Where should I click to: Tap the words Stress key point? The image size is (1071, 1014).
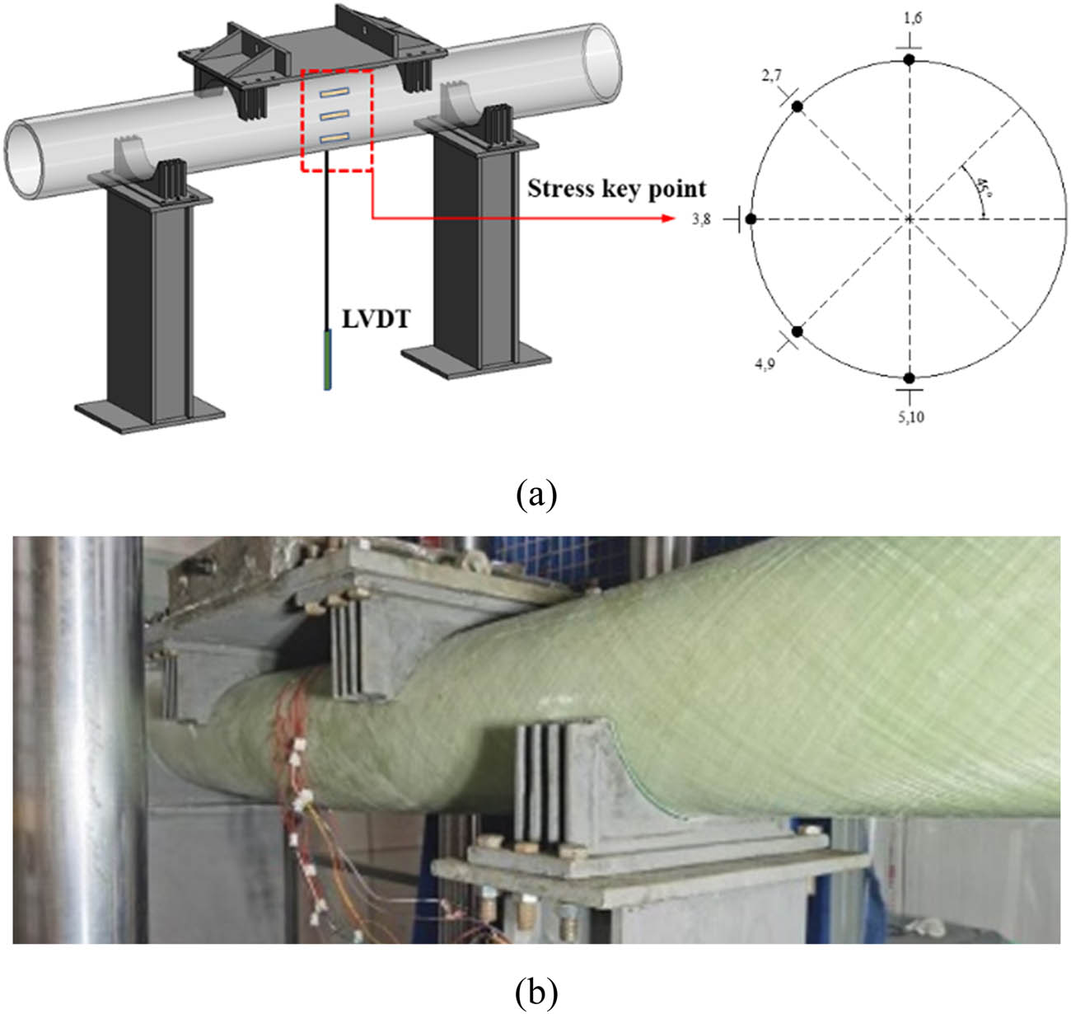click(616, 189)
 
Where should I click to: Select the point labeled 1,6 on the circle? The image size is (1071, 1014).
click(909, 59)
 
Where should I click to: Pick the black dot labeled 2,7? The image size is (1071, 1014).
click(797, 106)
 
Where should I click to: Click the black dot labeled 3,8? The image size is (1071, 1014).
click(751, 218)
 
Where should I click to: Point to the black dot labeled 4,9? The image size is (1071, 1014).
click(797, 331)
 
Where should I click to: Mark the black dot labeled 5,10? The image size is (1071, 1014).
click(909, 378)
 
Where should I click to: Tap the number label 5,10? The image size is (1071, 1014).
click(910, 416)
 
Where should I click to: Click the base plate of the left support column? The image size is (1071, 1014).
click(149, 411)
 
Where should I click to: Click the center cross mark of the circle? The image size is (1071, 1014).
click(909, 218)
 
